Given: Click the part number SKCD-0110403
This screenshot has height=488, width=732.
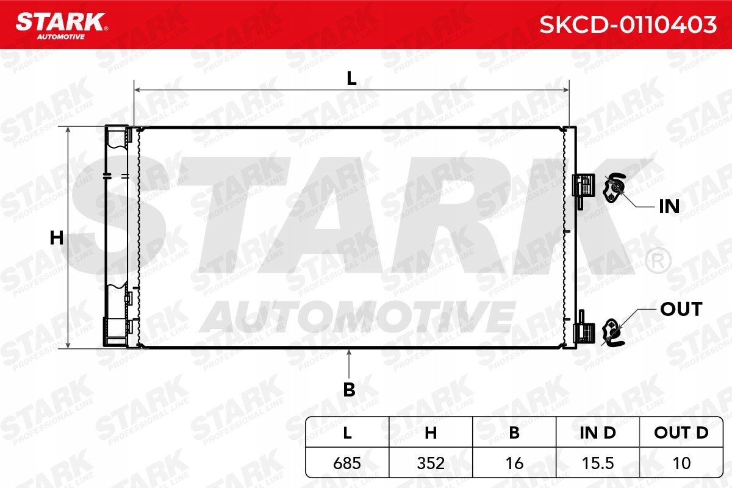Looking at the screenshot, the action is coord(628,24).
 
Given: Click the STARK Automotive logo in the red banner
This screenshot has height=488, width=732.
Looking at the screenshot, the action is coord(62,26).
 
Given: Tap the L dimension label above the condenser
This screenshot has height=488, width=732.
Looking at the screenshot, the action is coord(351,79).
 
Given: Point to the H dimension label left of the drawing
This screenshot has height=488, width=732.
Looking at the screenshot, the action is coord(57,238).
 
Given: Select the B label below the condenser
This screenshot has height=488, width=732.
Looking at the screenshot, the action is coord(349,389).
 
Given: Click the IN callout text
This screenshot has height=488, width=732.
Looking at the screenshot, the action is coord(669,206).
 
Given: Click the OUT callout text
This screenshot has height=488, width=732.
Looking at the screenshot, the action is coord(681,309).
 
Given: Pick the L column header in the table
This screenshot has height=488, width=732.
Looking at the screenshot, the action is coord(347,432).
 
